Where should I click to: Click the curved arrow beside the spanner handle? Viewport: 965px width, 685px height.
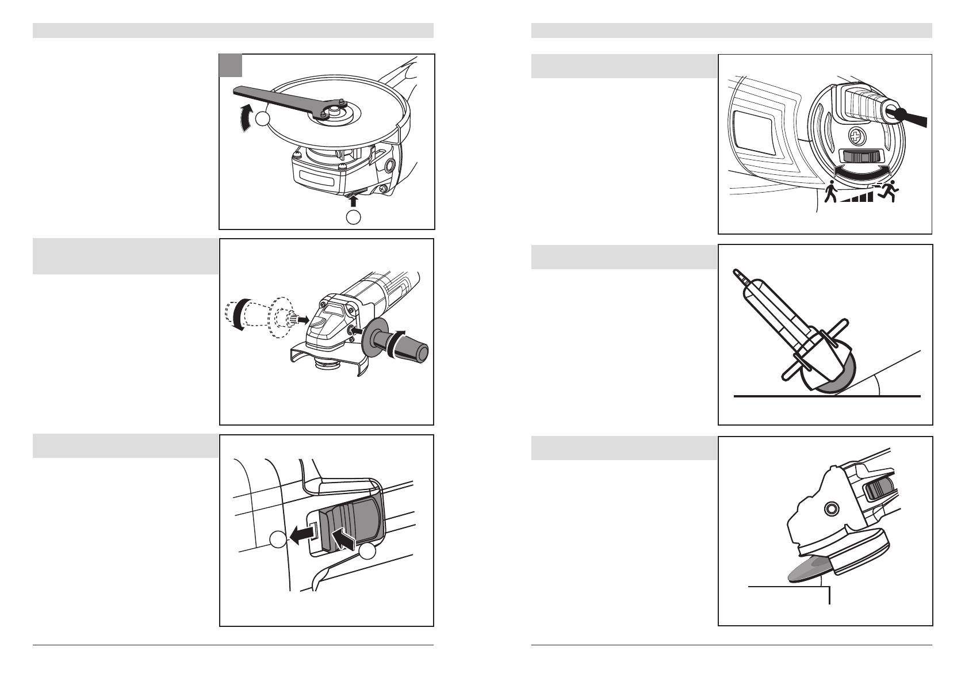click(246, 117)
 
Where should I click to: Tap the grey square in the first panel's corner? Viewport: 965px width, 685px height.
click(231, 66)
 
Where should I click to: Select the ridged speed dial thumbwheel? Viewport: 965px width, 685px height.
click(860, 157)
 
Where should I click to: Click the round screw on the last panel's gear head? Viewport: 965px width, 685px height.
click(830, 508)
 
